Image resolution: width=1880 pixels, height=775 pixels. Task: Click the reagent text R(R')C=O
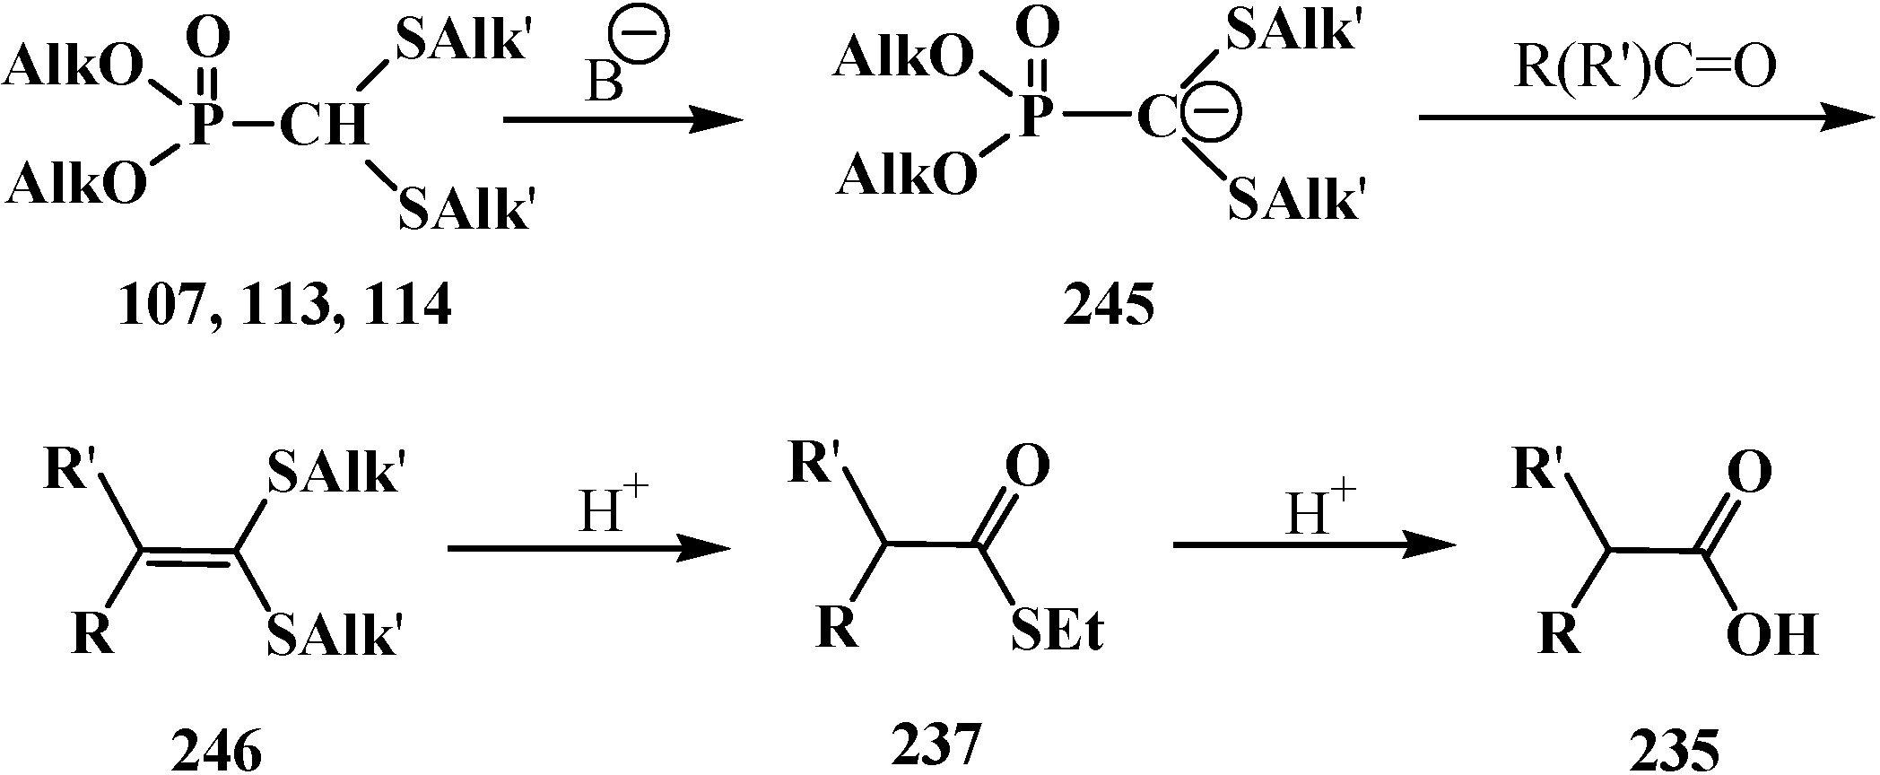point(1644,69)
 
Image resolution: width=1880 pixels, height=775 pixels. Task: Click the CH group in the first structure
point(323,125)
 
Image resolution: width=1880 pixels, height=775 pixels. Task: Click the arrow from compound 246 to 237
point(587,547)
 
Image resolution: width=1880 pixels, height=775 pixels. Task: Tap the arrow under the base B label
point(623,119)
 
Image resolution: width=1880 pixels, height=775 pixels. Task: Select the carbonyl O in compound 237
point(1027,466)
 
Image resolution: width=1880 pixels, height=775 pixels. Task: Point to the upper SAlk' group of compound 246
point(332,473)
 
